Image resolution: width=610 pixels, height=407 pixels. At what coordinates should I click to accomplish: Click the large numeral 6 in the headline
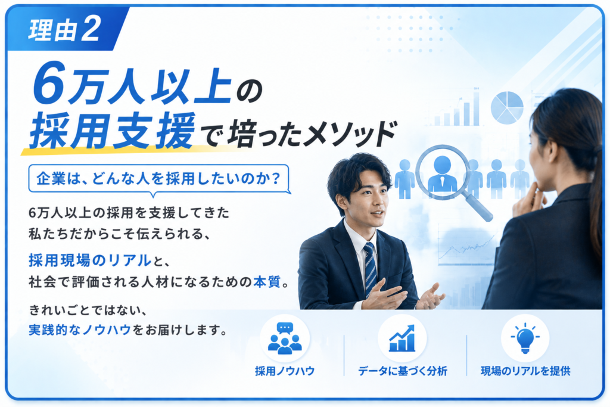(x=49, y=83)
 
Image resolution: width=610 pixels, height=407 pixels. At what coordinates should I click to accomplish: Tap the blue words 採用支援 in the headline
(x=111, y=130)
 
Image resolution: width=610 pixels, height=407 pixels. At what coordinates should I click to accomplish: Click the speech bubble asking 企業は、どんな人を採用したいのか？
(x=158, y=179)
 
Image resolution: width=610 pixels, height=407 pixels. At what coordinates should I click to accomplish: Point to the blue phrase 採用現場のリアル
(x=90, y=260)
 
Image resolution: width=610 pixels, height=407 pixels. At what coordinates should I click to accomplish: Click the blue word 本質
(x=267, y=281)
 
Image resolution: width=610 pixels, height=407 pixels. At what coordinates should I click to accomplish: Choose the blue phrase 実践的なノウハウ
(x=80, y=330)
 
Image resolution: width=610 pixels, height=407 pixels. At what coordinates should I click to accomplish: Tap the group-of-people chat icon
(x=285, y=338)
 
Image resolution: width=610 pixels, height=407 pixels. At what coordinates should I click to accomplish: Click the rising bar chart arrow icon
(x=402, y=338)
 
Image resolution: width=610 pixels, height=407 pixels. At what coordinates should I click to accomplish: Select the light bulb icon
(x=525, y=338)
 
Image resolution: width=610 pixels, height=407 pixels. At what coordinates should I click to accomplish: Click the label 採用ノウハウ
(x=285, y=371)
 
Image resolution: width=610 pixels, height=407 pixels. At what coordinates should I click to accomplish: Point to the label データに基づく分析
(x=403, y=371)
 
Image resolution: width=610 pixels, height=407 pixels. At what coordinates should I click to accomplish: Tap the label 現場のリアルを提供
(x=525, y=371)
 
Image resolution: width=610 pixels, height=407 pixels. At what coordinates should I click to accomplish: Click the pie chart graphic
(x=507, y=108)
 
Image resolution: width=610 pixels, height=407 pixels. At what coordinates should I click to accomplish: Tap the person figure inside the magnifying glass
(x=443, y=175)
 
